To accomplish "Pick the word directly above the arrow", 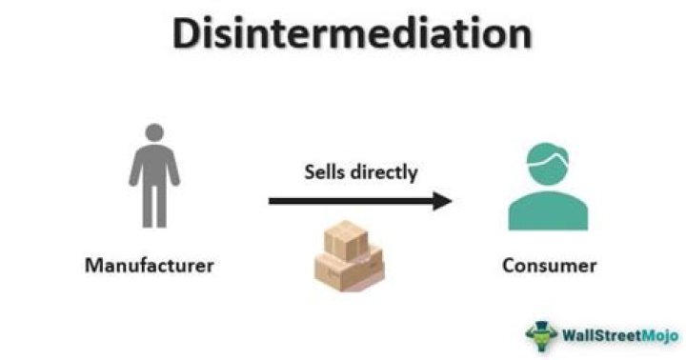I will (x=386, y=172).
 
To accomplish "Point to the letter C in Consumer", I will (x=508, y=265).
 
